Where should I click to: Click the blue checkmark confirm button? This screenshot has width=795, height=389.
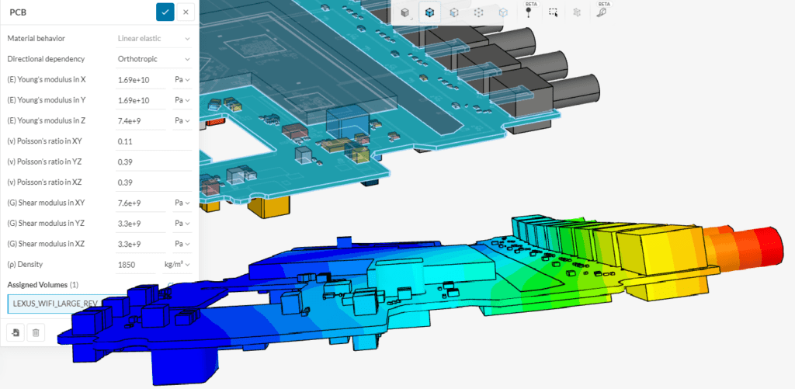point(165,12)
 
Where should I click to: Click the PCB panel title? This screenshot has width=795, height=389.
point(19,12)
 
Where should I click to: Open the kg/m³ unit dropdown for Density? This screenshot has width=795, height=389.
point(178,265)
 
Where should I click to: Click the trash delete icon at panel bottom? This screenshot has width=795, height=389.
point(35,332)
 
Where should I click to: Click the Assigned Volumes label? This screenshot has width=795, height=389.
point(36,285)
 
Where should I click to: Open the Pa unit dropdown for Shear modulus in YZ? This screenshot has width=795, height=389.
point(182,224)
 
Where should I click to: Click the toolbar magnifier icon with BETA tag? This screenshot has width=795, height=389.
point(602,12)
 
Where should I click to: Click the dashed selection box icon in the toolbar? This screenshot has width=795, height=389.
point(553,12)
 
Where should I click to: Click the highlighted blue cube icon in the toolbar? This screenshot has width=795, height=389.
point(429,12)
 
